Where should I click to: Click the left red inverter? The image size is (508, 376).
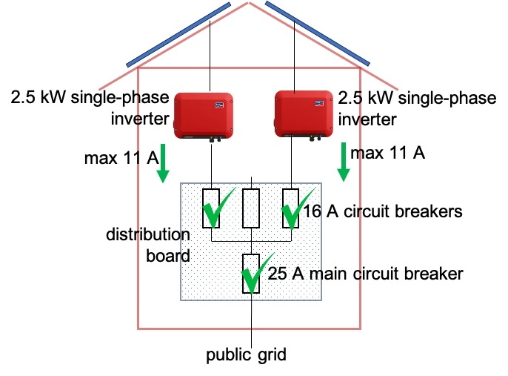tap(204, 115)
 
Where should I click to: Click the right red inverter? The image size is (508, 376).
tap(304, 115)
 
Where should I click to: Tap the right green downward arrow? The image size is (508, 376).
tap(343, 163)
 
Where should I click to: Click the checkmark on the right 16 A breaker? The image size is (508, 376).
tap(295, 210)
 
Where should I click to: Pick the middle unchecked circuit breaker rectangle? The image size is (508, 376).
tap(253, 208)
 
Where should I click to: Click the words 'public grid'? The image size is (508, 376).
tap(245, 354)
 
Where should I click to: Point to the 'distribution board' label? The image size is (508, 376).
tap(147, 245)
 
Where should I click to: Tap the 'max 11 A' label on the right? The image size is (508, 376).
tap(387, 154)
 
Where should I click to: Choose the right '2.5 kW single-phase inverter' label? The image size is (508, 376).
tap(416, 108)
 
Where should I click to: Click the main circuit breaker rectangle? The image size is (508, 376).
tap(253, 273)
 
